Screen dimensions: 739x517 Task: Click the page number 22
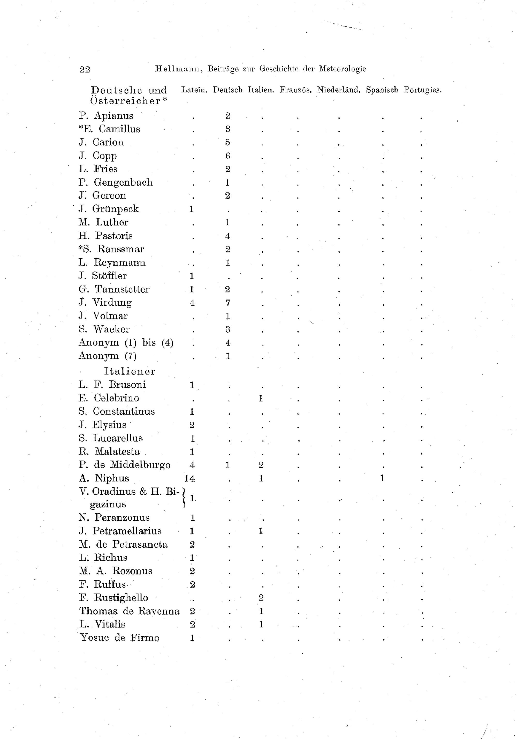tap(85, 69)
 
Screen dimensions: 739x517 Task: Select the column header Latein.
tap(194, 90)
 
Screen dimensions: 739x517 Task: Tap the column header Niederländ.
tap(338, 90)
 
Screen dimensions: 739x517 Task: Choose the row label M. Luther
tap(103, 222)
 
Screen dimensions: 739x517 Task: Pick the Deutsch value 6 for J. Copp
tap(228, 156)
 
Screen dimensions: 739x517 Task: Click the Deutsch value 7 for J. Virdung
tap(228, 303)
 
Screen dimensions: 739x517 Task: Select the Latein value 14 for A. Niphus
tap(190, 479)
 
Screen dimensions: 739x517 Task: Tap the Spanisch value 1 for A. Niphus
tap(382, 479)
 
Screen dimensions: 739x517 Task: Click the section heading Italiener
tap(130, 371)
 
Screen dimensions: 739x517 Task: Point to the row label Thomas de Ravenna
tap(129, 611)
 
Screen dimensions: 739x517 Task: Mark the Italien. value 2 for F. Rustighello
tap(261, 598)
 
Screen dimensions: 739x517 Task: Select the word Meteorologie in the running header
tap(343, 69)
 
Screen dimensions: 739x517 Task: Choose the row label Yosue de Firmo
tap(120, 638)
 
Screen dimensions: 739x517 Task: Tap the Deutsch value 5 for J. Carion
tap(228, 143)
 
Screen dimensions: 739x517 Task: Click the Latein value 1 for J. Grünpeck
tap(192, 209)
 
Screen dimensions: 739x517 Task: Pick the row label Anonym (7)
tap(108, 356)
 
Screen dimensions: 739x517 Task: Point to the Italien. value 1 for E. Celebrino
tap(261, 398)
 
